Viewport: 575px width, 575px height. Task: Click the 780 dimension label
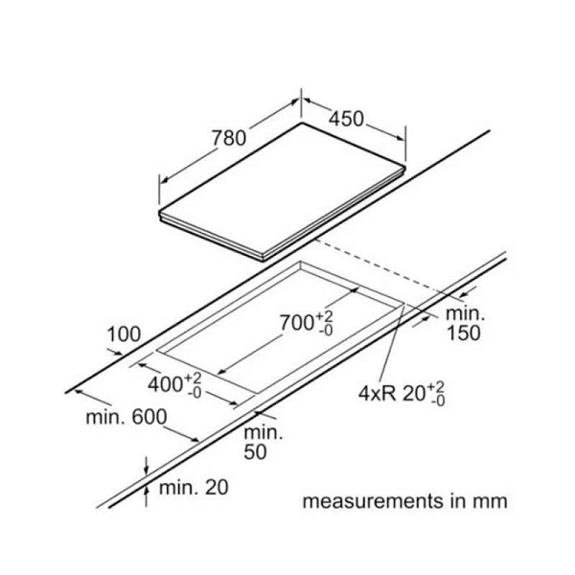tap(229, 138)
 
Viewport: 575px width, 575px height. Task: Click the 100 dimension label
tap(124, 334)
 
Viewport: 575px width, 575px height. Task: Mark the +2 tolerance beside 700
tap(326, 314)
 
